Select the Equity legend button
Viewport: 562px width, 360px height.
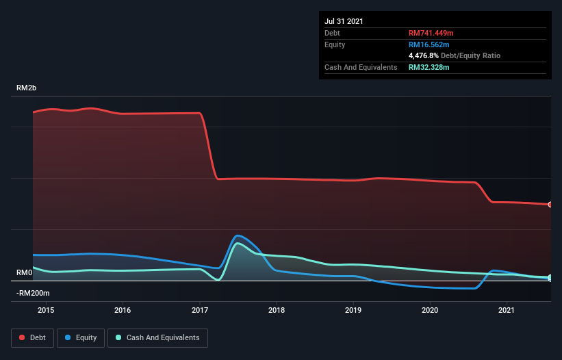point(81,337)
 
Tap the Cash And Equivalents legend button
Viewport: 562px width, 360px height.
point(157,337)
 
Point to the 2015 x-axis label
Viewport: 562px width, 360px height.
point(46,310)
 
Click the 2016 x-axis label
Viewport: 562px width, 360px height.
point(123,310)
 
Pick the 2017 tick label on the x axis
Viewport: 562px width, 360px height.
point(200,310)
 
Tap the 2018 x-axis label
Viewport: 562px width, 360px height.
point(277,310)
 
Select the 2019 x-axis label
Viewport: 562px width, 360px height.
point(353,310)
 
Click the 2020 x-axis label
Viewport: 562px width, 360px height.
point(430,310)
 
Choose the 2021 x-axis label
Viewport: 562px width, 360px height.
point(507,310)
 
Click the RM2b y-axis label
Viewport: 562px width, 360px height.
point(27,88)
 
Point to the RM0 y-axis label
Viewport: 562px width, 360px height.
point(24,272)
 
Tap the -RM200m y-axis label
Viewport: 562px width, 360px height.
point(33,293)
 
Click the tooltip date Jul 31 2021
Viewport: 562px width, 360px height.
point(344,21)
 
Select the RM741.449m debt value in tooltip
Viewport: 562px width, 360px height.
point(432,33)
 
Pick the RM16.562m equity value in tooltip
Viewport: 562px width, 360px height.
point(429,44)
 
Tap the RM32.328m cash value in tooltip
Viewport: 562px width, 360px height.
point(429,67)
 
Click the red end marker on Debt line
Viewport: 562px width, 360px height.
point(550,205)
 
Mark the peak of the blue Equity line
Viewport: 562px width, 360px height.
point(238,235)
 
